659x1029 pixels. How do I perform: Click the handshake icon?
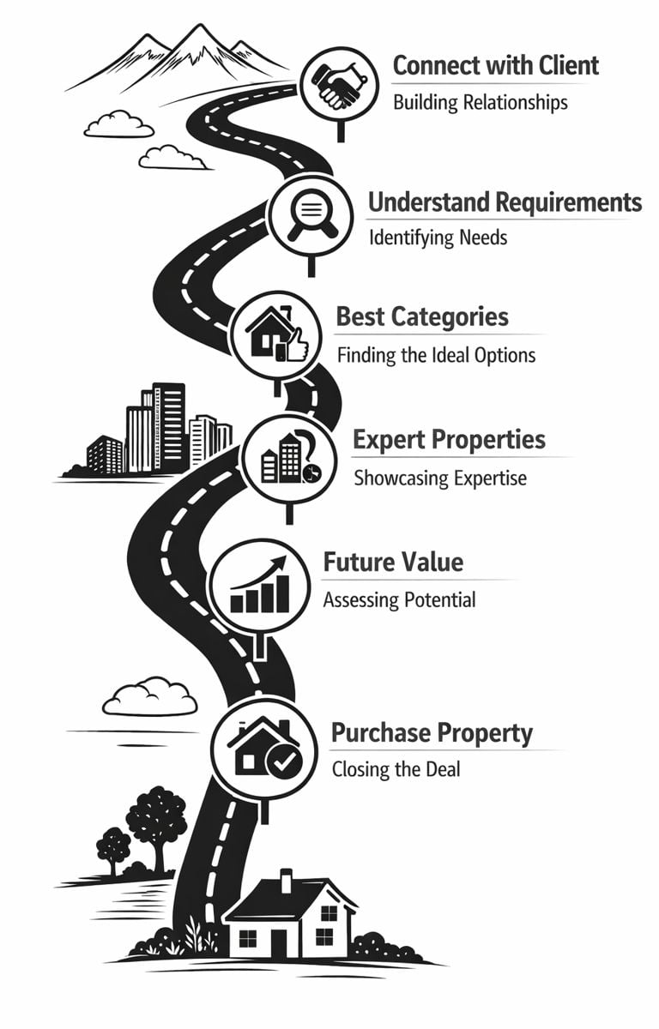point(341,84)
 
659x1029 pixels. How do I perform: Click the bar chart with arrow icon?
point(261,587)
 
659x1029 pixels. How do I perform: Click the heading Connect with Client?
point(495,65)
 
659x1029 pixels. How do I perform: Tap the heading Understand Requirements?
point(505,202)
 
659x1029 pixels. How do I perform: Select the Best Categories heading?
point(422,316)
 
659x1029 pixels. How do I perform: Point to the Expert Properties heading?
point(449,440)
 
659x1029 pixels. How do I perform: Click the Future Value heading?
point(393,563)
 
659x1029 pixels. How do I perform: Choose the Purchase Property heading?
point(432,734)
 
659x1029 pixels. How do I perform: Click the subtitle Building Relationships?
point(480,103)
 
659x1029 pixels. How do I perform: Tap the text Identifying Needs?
point(438,238)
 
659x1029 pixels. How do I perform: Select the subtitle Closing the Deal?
point(396,769)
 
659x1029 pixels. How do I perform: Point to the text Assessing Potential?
point(399,599)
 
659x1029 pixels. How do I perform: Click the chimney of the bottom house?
point(286,880)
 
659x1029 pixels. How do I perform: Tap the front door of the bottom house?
point(280,941)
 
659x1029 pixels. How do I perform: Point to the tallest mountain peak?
point(200,32)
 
